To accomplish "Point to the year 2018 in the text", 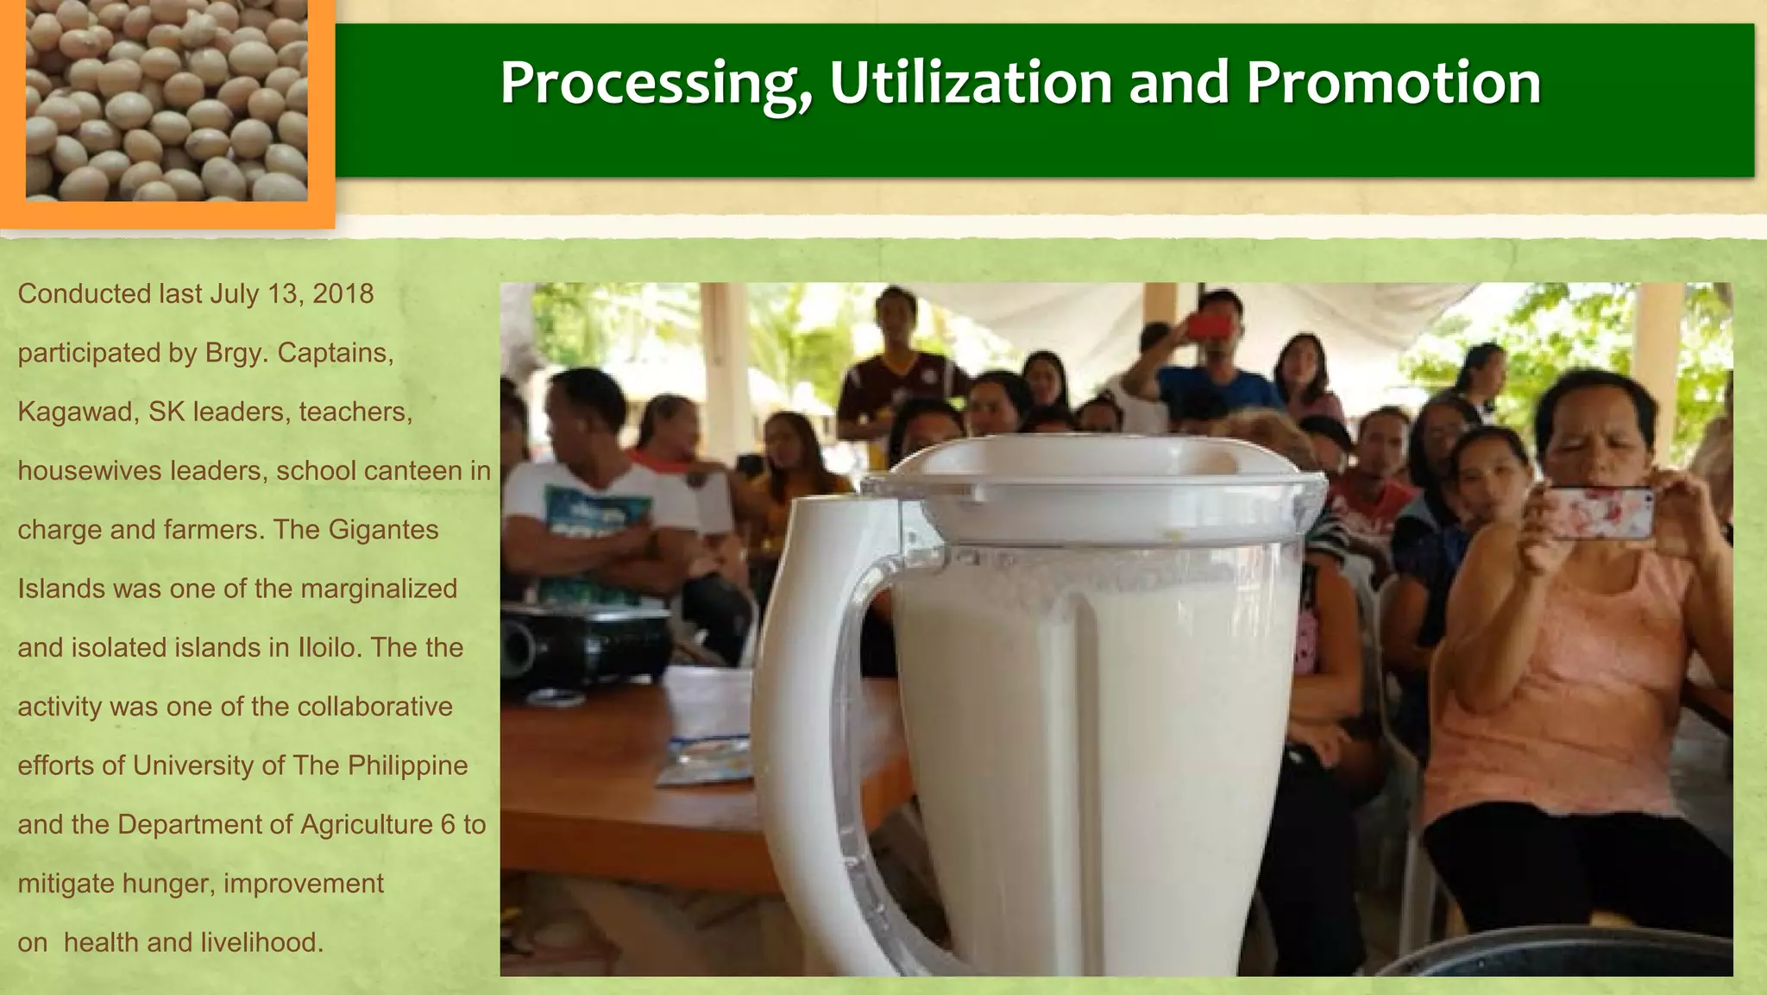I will tap(343, 294).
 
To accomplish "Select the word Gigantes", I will tap(383, 530).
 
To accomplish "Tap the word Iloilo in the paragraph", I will tap(327, 648).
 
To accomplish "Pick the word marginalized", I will tap(379, 589).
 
